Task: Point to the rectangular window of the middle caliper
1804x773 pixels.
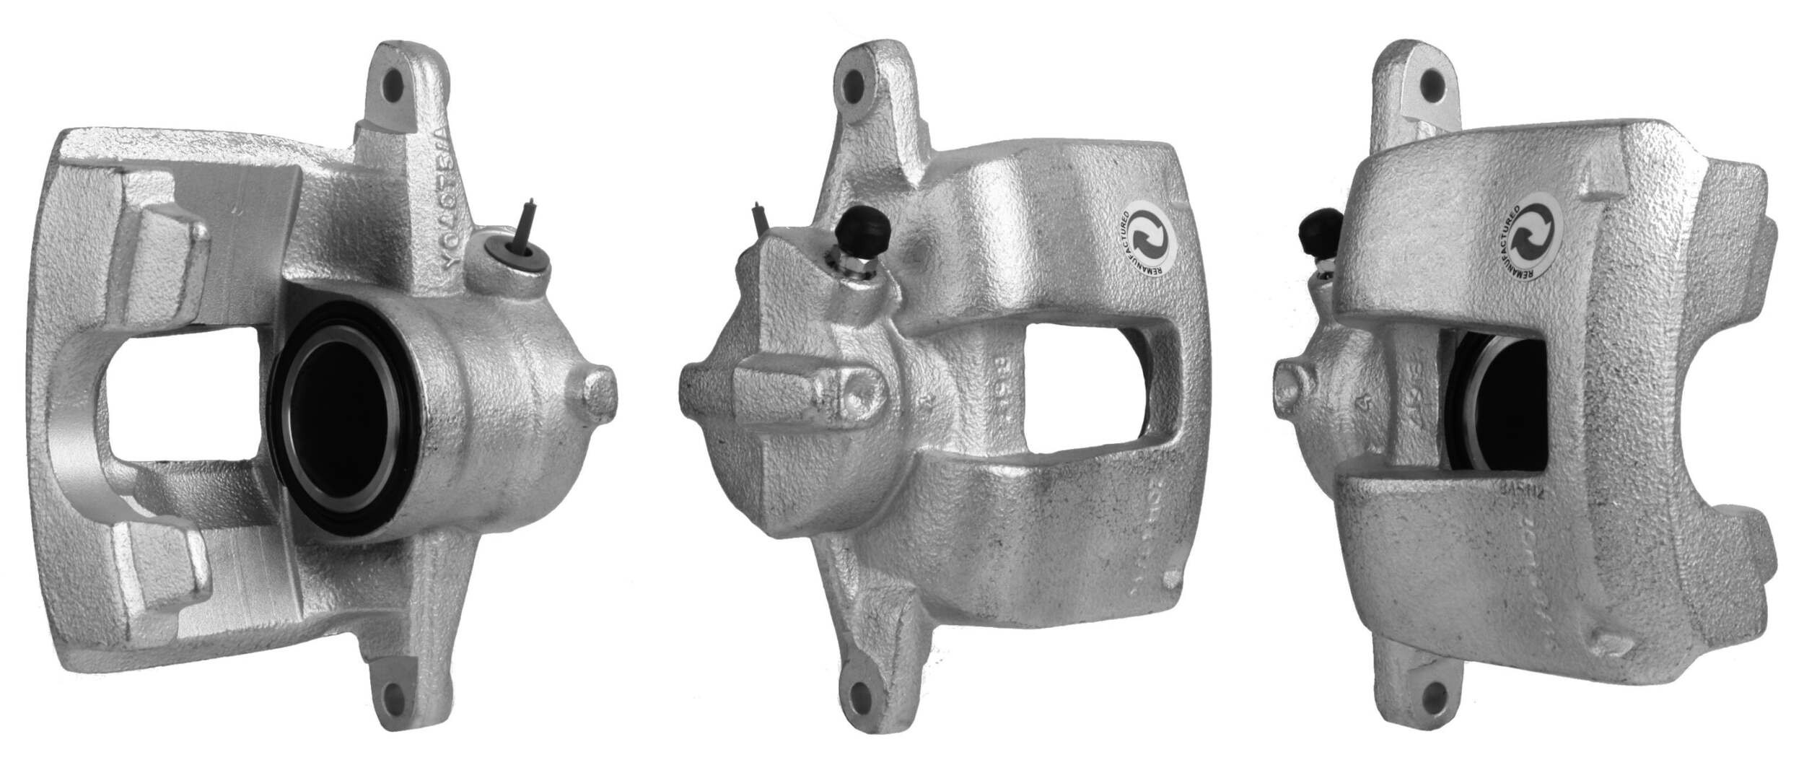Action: pyautogui.click(x=1082, y=388)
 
